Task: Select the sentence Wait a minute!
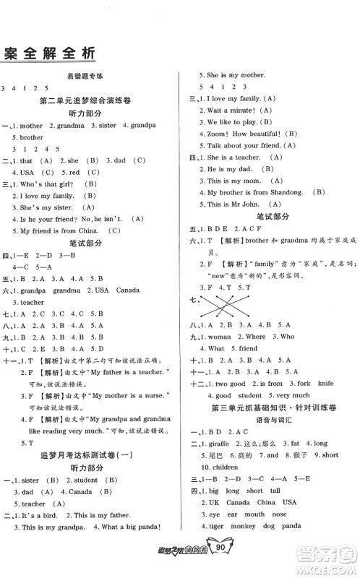(231, 110)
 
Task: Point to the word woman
(221, 336)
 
